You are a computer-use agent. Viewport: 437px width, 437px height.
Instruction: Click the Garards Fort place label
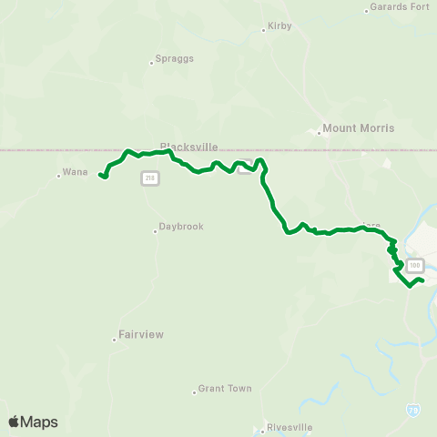coord(400,8)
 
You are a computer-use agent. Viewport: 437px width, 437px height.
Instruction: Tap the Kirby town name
coord(279,27)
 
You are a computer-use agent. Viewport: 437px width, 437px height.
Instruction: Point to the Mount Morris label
coord(359,128)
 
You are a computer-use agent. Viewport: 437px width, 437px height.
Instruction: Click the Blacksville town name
coord(188,146)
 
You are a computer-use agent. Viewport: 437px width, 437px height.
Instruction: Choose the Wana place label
coord(76,171)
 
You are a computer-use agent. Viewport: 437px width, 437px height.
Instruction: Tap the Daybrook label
coord(181,227)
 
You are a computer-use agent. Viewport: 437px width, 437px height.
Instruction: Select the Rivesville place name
coord(289,426)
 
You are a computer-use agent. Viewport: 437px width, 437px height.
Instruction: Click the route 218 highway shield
coord(147,178)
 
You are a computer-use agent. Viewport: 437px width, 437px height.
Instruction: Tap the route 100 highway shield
coord(415,265)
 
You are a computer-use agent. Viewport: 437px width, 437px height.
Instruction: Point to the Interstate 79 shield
coord(413,411)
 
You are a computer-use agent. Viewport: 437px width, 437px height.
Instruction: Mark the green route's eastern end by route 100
coord(422,279)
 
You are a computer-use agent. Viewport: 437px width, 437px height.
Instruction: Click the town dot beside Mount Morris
coord(320,133)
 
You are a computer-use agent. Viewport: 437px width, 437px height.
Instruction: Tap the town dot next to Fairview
coord(116,339)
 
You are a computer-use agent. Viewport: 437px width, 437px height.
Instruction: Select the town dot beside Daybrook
coord(155,230)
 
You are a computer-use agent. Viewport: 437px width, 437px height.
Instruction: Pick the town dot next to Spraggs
coord(152,63)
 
